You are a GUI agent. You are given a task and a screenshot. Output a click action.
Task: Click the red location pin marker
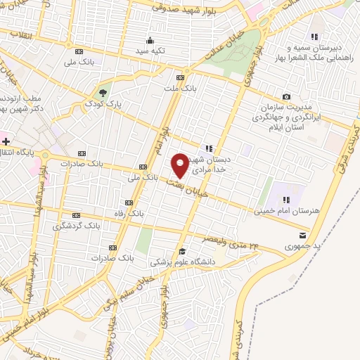(x=181, y=165)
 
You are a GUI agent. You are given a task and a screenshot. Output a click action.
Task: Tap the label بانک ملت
(x=181, y=89)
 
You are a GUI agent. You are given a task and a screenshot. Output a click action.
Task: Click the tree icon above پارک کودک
(x=103, y=93)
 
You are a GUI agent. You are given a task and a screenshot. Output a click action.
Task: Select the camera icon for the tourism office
(x=286, y=96)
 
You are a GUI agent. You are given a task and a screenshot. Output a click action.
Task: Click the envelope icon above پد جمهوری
(x=302, y=235)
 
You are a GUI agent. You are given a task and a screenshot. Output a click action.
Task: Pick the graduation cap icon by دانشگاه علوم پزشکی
(x=182, y=251)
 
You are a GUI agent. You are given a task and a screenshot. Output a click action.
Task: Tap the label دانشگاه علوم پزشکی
(x=182, y=262)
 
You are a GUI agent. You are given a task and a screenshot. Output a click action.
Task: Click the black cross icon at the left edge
(x=6, y=142)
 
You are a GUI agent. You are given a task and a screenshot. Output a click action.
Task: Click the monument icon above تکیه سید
(x=150, y=40)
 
